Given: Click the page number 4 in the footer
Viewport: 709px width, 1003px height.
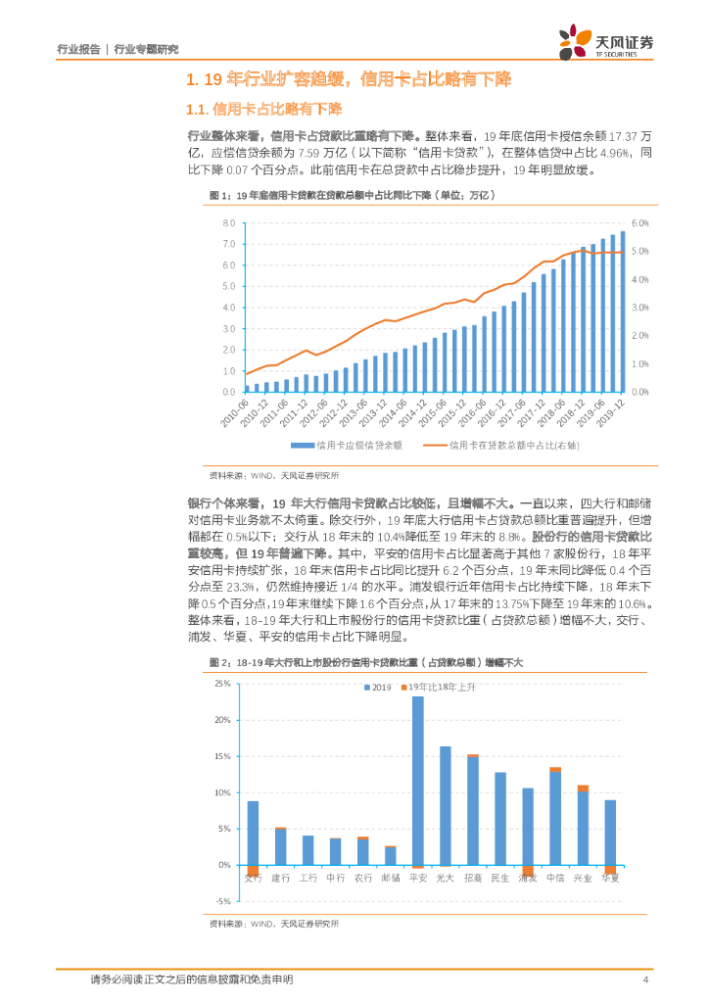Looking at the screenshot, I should coord(645,979).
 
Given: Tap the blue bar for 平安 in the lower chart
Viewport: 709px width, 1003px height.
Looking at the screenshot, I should coord(418,781).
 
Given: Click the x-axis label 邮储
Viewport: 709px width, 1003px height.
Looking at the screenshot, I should coord(391,878).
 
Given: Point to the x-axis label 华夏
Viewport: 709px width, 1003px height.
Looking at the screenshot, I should coord(610,878).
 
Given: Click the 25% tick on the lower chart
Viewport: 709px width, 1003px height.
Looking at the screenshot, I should coord(221,683).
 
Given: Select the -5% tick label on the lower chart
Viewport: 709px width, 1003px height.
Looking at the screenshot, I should coord(221,901).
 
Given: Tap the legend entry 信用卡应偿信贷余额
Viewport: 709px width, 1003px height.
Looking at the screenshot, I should coord(359,446).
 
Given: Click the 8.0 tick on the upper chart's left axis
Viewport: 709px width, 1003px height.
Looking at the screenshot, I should coord(228,223).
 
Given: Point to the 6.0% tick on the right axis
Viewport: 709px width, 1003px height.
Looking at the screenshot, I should coord(639,223).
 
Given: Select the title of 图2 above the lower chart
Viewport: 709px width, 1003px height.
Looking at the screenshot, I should coord(367,663).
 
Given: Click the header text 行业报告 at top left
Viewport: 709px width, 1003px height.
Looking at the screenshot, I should coord(78,48).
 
